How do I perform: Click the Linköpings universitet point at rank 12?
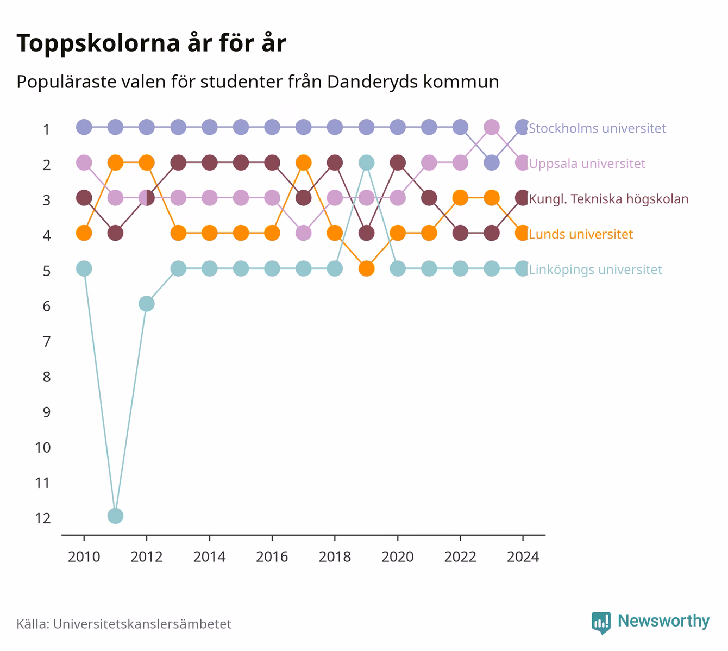click(115, 516)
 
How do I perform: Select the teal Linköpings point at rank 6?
click(147, 304)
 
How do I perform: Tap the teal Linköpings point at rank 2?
click(366, 162)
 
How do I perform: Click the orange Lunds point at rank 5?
click(366, 268)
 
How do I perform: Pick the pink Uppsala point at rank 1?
click(492, 127)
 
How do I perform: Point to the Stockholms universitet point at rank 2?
click(492, 162)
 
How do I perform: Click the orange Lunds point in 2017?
click(303, 162)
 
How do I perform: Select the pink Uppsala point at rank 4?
click(303, 233)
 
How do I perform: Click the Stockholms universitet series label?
click(597, 128)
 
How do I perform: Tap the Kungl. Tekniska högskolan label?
click(608, 199)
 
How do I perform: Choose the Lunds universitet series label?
click(581, 234)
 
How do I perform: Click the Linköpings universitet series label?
click(595, 270)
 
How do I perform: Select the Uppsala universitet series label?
click(587, 164)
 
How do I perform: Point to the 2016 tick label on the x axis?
click(272, 557)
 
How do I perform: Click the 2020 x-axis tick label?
click(398, 557)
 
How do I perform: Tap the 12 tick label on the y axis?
click(43, 518)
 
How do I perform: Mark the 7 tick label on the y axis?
click(47, 341)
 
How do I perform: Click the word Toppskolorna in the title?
click(98, 43)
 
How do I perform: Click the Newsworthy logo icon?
click(601, 623)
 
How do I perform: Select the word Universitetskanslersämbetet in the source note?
click(142, 624)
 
